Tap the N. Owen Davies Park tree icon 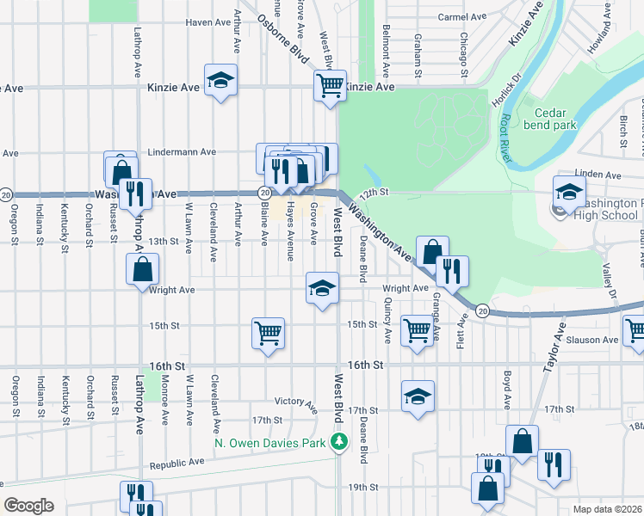(x=340, y=442)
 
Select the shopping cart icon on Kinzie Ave (x=330, y=85)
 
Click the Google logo (x=28, y=505)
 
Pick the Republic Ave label (x=177, y=462)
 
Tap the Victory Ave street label (x=296, y=402)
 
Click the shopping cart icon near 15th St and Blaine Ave (x=268, y=332)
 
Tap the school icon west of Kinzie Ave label (x=221, y=80)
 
